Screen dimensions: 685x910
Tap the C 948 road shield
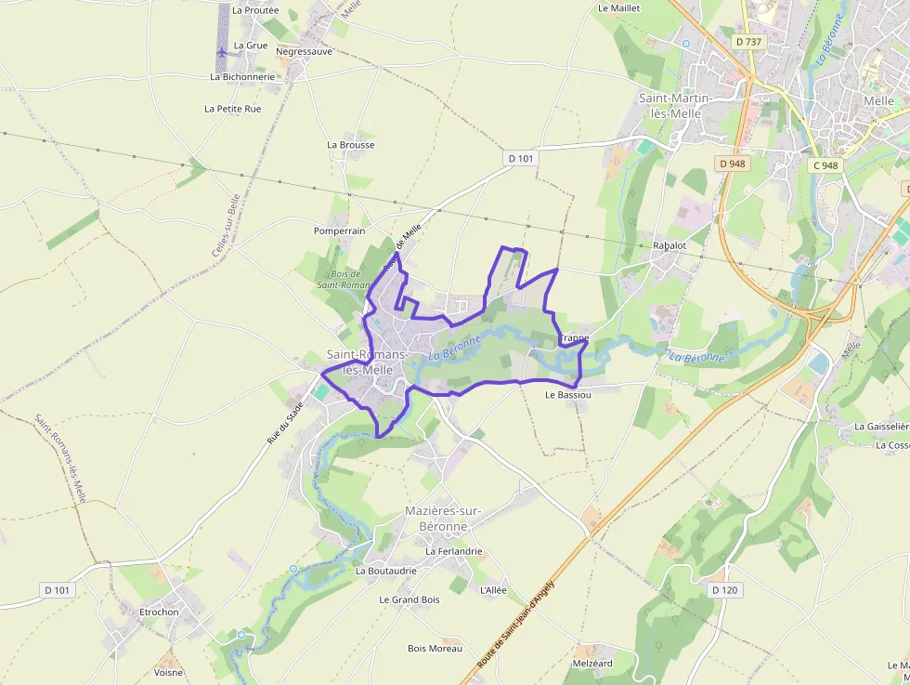tap(825, 165)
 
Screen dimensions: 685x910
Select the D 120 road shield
tap(723, 590)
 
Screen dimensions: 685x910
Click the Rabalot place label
tap(669, 245)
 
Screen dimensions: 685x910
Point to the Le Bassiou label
tap(568, 395)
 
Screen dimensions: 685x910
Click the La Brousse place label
tap(351, 145)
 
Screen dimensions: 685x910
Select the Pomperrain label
tap(339, 231)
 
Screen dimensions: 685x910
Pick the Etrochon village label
tap(159, 613)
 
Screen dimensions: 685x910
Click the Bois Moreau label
tap(435, 649)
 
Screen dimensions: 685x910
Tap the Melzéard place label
tap(592, 664)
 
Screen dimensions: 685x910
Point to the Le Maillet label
tap(619, 8)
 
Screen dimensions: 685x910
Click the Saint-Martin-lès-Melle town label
tap(675, 105)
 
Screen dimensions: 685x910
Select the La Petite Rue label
tap(233, 109)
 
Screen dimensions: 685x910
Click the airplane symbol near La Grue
tap(221, 52)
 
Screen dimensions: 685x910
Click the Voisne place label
tap(169, 672)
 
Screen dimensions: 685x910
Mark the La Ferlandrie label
tap(454, 551)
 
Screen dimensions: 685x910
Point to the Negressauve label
tap(304, 52)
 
